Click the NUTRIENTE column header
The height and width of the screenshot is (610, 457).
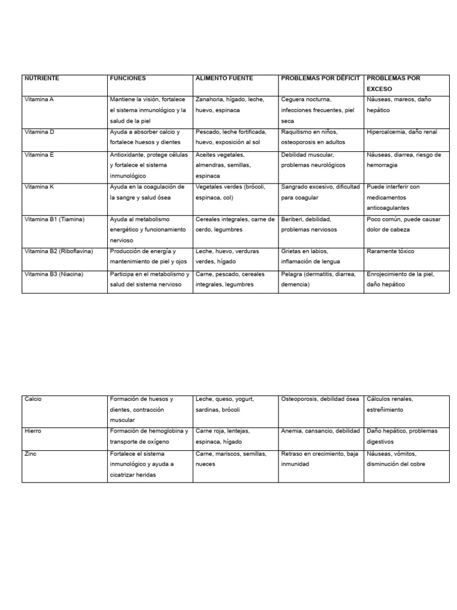coord(42,78)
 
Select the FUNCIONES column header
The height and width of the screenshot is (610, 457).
coord(127,78)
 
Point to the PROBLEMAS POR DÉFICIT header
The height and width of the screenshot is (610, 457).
coord(320,78)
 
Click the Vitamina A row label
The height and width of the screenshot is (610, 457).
coord(39,99)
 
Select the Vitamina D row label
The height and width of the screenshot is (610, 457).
coord(39,132)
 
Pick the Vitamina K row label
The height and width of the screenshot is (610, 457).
coord(39,187)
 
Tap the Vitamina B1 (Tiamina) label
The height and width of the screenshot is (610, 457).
coord(55,219)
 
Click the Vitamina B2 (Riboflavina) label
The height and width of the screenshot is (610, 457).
coord(59,251)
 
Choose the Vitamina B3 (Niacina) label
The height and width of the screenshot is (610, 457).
coord(54,274)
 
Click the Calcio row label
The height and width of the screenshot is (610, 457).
coord(33,399)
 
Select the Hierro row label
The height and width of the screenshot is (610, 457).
coord(33,431)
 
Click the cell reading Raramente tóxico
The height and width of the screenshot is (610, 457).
coord(390,251)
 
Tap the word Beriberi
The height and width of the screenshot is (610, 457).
coord(293,219)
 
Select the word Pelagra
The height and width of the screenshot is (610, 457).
coord(292,274)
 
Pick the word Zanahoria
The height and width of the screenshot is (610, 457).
coord(209,99)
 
